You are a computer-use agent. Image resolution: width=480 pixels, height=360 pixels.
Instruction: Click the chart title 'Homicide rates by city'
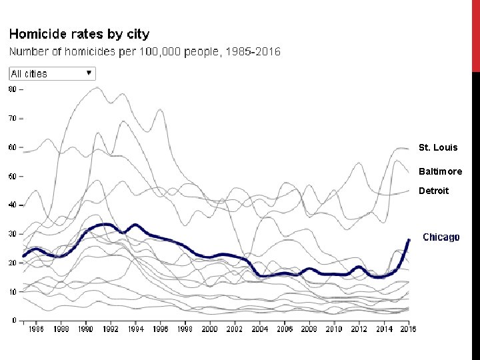coord(79,34)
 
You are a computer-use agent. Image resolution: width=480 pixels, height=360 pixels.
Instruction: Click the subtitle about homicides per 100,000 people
coord(144,51)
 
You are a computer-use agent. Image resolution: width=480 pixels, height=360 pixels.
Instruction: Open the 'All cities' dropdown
coord(52,74)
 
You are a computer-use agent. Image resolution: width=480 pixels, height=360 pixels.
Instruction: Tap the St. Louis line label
coord(438,147)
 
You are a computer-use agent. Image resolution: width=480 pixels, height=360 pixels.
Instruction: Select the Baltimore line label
coord(440,171)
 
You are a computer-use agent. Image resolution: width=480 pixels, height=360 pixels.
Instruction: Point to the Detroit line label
coord(434,191)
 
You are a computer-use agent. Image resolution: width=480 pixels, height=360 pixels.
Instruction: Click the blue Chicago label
coord(441,237)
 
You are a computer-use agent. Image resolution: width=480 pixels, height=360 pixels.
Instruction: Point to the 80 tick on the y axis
coord(12,88)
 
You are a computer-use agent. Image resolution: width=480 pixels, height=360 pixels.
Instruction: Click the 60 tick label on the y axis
coord(12,147)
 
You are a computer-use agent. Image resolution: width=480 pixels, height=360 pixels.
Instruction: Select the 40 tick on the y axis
coord(12,205)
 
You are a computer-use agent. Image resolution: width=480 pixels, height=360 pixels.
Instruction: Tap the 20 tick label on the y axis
coord(12,263)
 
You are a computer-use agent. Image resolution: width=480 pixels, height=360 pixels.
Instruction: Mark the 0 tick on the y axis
coord(14,321)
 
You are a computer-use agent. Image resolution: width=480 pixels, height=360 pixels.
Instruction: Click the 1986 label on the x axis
coord(36,329)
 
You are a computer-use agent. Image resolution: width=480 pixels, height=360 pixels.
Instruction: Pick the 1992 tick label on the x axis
coord(111,329)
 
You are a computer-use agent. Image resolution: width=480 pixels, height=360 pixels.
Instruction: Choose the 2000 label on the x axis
coord(209,329)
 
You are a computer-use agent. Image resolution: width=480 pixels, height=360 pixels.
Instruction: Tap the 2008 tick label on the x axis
coord(309,329)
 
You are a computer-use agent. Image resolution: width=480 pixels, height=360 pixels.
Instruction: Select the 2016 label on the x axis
coord(407,329)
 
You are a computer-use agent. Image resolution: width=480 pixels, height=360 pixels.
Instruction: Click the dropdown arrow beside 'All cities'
coord(89,73)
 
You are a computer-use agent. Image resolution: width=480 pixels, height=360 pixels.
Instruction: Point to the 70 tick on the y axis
coord(12,118)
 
